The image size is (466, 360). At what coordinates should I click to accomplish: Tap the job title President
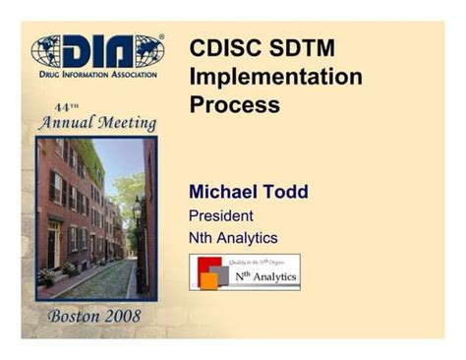tap(221, 214)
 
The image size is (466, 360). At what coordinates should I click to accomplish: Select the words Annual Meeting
tap(96, 124)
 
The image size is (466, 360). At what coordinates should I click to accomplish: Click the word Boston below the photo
tap(75, 316)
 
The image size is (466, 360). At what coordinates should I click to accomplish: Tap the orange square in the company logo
tap(208, 280)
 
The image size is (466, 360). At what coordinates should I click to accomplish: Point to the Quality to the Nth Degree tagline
tap(261, 262)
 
